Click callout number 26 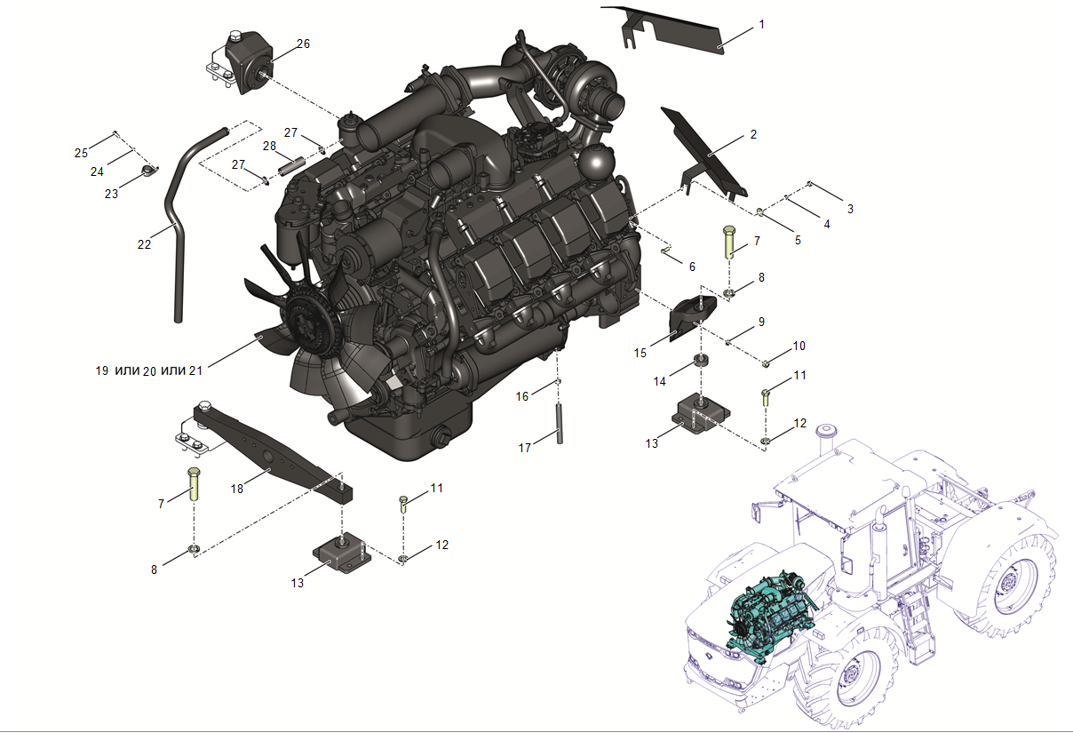(x=303, y=44)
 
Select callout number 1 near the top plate (x=761, y=25)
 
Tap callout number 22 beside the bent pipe (x=144, y=244)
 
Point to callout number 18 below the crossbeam (x=237, y=489)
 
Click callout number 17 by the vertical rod (x=525, y=448)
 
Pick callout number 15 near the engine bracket (x=640, y=353)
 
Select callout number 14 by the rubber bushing (x=660, y=381)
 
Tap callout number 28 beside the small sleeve (x=269, y=146)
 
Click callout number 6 (x=692, y=267)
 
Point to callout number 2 (x=753, y=135)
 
